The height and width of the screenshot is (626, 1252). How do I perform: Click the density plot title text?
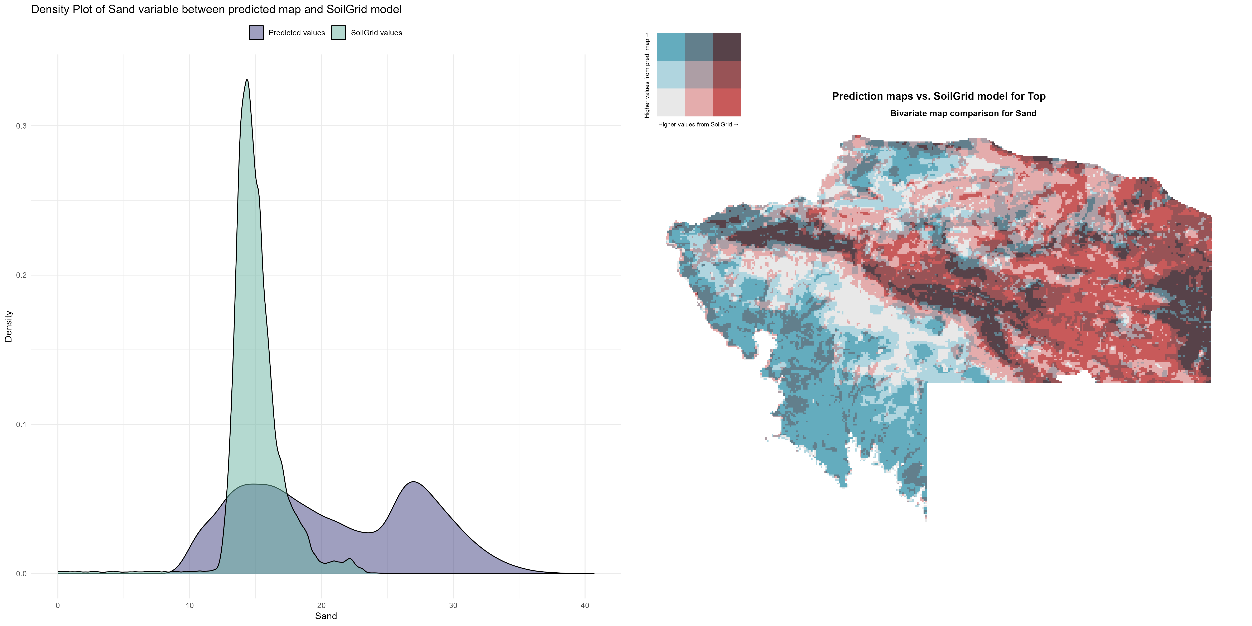pyautogui.click(x=216, y=9)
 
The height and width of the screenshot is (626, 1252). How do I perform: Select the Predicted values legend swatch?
pyautogui.click(x=256, y=33)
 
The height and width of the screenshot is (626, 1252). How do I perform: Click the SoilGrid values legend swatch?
pyautogui.click(x=338, y=33)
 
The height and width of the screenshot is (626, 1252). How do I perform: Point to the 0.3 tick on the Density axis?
pyautogui.click(x=21, y=126)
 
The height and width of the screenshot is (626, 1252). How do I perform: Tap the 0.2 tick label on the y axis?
pyautogui.click(x=21, y=275)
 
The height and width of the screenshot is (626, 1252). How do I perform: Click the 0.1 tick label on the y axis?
pyautogui.click(x=21, y=424)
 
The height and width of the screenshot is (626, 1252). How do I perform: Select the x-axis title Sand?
pyautogui.click(x=326, y=616)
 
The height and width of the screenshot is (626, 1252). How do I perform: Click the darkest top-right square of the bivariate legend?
pyautogui.click(x=727, y=47)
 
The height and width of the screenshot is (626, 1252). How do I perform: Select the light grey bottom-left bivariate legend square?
pyautogui.click(x=671, y=102)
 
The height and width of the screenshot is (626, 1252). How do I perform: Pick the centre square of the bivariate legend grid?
pyautogui.click(x=699, y=74)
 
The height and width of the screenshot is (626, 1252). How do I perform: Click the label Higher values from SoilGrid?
pyautogui.click(x=698, y=124)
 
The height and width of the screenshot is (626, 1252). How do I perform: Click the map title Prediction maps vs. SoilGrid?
pyautogui.click(x=939, y=96)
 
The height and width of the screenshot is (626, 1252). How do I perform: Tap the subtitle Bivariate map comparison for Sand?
pyautogui.click(x=963, y=113)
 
